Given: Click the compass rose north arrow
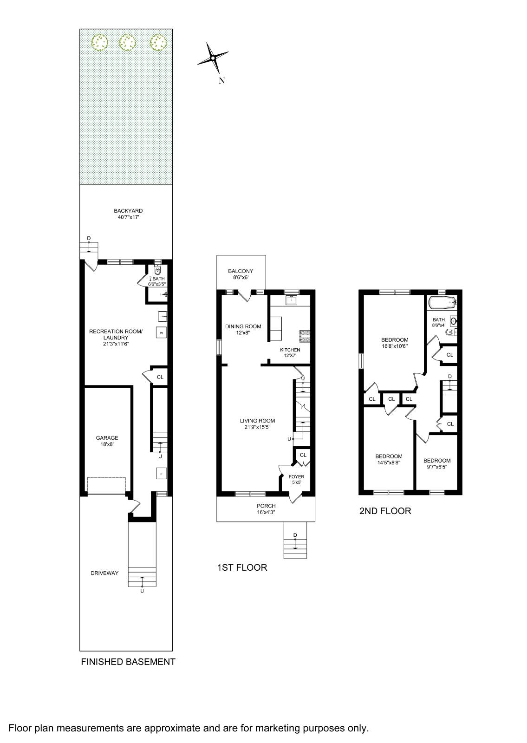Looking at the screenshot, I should [213, 58].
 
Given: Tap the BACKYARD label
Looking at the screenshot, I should [128, 211].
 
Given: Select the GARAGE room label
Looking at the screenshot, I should [107, 438].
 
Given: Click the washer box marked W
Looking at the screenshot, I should [161, 333].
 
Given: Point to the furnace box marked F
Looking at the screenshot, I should [161, 474].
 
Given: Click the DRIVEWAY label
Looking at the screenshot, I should [104, 573].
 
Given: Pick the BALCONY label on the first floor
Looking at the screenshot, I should [241, 271].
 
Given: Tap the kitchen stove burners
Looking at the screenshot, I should [305, 334].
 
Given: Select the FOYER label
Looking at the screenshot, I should [296, 477].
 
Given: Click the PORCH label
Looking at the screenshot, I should [266, 506].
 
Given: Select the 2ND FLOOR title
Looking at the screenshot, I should [385, 511].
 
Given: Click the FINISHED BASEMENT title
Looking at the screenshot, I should [128, 662].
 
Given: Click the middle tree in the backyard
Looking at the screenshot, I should [127, 43].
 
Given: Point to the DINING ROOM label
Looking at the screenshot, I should [243, 326].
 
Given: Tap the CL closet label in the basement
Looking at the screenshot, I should [160, 377].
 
